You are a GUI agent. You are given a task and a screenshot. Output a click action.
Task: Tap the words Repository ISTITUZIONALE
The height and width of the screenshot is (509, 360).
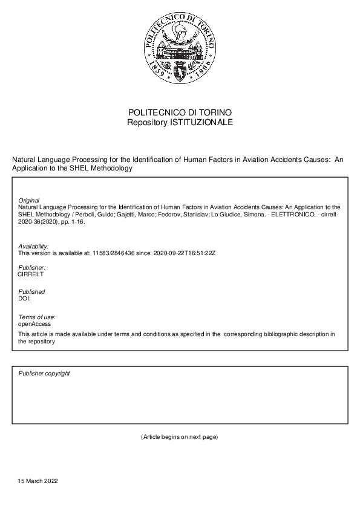tap(180, 123)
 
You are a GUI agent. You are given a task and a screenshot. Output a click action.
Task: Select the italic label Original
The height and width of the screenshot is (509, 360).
tap(29, 200)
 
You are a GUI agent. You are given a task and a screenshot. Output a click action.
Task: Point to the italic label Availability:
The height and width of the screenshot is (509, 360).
tap(33, 246)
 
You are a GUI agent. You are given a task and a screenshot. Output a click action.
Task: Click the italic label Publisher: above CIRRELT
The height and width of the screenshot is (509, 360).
tap(31, 267)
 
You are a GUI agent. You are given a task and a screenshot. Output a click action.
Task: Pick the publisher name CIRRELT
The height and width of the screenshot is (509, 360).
tap(31, 274)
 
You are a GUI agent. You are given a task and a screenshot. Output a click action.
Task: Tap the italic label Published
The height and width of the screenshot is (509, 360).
tap(31, 292)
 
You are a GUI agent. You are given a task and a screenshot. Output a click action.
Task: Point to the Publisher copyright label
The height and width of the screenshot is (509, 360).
tap(44, 374)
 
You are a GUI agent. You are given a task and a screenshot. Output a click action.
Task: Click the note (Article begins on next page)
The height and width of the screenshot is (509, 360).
tap(179, 436)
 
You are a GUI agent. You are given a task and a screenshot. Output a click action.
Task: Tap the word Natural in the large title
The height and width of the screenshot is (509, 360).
tap(24, 160)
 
